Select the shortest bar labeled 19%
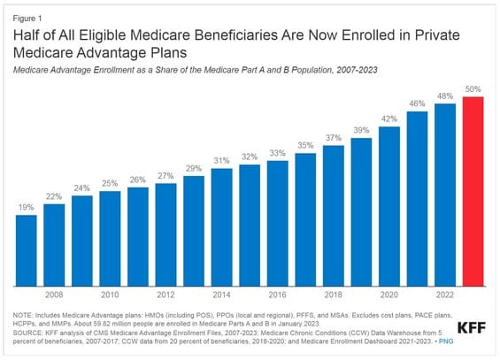[27, 250]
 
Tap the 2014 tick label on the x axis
[222, 295]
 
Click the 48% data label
[446, 96]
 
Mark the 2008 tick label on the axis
[55, 295]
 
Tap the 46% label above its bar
[418, 103]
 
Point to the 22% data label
[55, 195]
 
